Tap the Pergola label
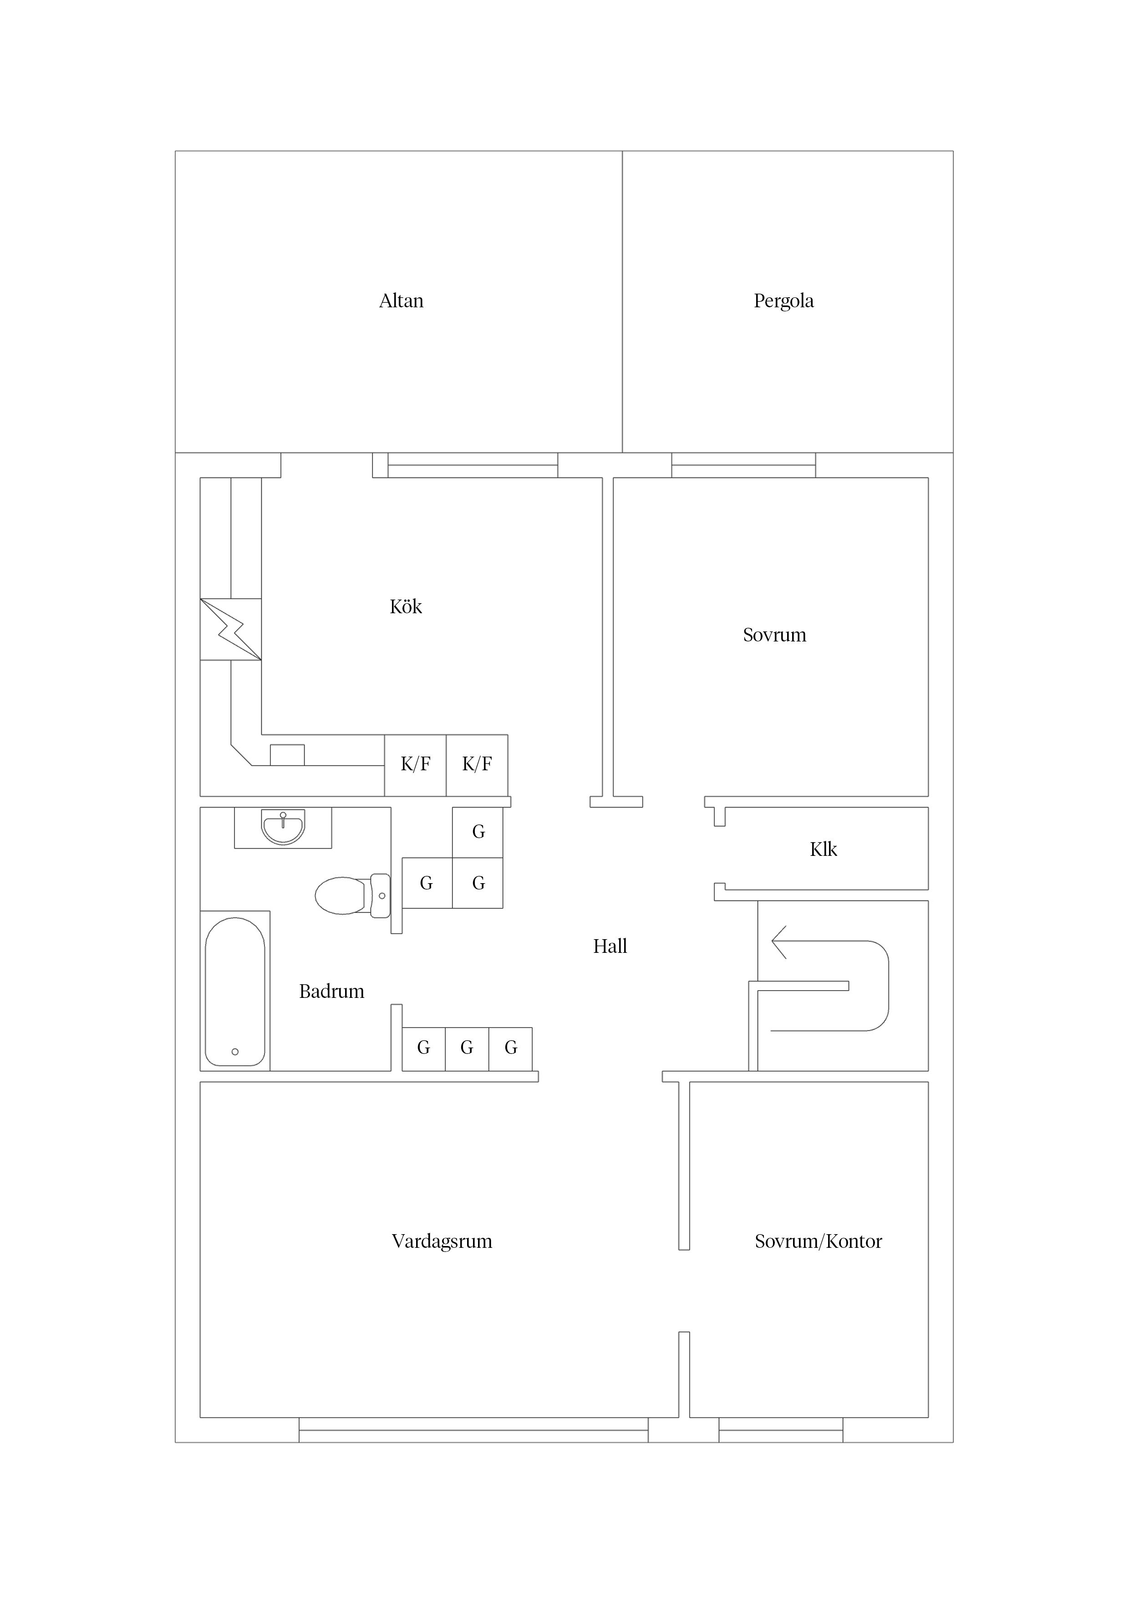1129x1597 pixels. click(783, 301)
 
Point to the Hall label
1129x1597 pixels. click(610, 946)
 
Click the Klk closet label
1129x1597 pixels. click(823, 849)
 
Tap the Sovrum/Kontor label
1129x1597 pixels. click(818, 1241)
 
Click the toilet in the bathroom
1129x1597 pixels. click(353, 896)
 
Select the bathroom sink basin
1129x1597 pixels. click(282, 828)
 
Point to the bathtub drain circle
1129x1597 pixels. click(235, 1052)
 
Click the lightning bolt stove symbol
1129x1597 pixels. click(231, 630)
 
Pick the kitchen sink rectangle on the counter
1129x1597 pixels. click(287, 755)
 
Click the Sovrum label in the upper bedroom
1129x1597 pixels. click(774, 635)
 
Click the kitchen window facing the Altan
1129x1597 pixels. click(473, 465)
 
